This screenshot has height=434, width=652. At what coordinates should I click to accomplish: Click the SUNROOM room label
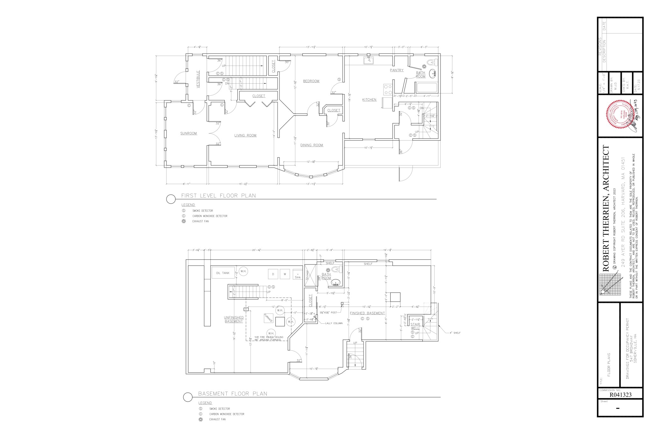coord(188,133)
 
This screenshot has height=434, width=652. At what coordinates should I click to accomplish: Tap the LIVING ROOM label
coord(245,135)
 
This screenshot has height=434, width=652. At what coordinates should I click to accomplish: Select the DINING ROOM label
coord(312,145)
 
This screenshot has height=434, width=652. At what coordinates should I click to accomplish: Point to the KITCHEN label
coord(369,100)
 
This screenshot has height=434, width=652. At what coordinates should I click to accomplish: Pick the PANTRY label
coord(396,70)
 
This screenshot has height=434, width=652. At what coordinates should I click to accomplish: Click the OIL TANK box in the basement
coord(223,273)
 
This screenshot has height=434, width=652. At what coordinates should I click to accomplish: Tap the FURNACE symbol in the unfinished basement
coord(268,318)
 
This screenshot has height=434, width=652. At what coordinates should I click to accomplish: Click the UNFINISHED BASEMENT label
coord(234,319)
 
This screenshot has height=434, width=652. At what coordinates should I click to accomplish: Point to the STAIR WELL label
coord(415,326)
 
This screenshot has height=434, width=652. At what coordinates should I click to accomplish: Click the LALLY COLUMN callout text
coord(334,323)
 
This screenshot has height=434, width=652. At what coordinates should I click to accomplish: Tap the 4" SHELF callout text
coord(455,333)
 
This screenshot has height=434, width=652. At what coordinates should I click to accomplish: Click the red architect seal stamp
coord(617,116)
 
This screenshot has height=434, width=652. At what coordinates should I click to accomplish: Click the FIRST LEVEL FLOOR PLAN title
coord(218,196)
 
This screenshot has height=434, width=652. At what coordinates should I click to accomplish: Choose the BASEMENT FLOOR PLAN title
coord(232,394)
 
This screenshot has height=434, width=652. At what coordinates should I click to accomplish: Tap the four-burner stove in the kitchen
coord(387,89)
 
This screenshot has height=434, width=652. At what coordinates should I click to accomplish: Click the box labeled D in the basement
coord(273,274)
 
